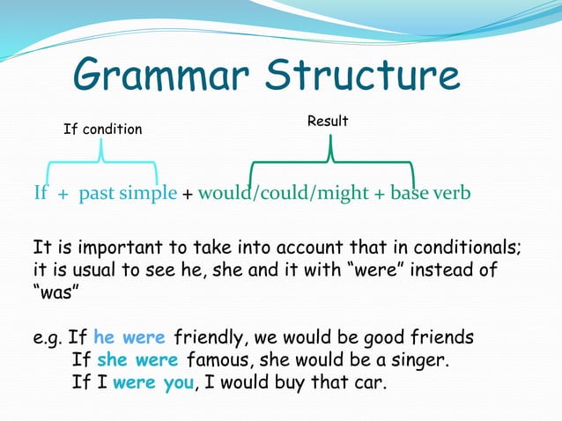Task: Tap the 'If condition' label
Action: pyautogui.click(x=102, y=129)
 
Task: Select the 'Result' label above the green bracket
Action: pyautogui.click(x=328, y=121)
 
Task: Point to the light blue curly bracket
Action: pyautogui.click(x=102, y=167)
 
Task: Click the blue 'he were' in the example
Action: pyautogui.click(x=130, y=337)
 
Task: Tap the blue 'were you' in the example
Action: pyautogui.click(x=150, y=383)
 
